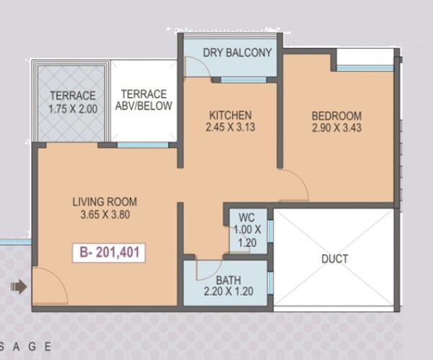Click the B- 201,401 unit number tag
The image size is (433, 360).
[109, 253]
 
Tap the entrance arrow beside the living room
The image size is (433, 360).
[19, 287]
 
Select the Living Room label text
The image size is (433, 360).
[104, 202]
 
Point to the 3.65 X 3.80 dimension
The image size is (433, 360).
[104, 214]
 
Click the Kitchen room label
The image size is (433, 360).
[230, 115]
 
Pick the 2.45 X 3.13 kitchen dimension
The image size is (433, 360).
[230, 127]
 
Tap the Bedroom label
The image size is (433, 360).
[336, 115]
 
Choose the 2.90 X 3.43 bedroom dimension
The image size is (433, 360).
[336, 127]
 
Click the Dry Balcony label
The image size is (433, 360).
[237, 53]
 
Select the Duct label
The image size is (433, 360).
[335, 258]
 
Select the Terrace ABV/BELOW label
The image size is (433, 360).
[144, 100]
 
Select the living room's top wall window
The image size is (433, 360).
[143, 145]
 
